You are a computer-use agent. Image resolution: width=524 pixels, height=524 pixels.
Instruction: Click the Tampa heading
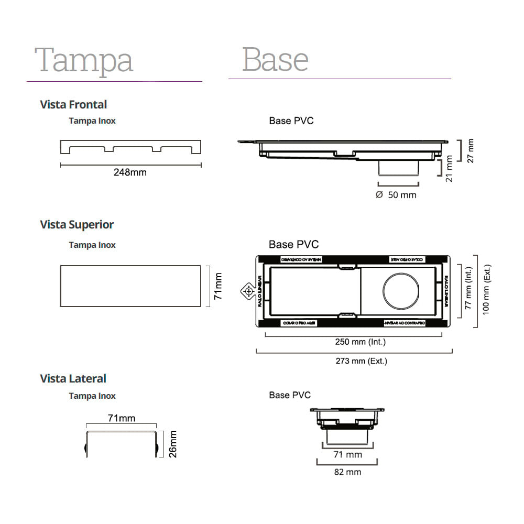[x=84, y=60]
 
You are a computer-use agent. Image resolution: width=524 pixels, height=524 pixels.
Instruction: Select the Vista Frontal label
[x=73, y=104]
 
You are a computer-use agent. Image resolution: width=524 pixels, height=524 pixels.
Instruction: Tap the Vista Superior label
[x=77, y=225]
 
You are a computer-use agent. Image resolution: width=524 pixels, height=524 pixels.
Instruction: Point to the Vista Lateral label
[x=73, y=378]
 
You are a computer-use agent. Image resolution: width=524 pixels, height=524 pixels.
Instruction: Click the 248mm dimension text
[x=130, y=172]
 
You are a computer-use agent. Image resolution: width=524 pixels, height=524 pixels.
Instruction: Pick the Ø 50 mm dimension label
[x=396, y=195]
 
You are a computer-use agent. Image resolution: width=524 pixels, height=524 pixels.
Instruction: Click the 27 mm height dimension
[x=470, y=150]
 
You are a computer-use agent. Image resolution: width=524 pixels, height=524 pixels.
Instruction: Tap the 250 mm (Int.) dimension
[x=360, y=342]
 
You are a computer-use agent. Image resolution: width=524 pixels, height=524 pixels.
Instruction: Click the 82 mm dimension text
[x=347, y=472]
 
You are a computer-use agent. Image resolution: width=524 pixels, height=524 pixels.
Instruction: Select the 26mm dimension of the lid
[x=173, y=444]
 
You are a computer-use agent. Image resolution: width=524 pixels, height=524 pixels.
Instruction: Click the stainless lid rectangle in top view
[x=130, y=286]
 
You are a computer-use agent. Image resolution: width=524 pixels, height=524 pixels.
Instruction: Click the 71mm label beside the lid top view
[x=219, y=286]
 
